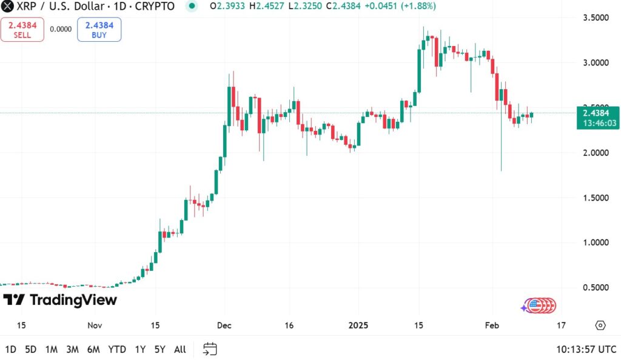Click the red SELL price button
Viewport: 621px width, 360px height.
22,29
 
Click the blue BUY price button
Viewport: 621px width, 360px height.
99,29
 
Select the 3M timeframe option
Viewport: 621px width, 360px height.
72,349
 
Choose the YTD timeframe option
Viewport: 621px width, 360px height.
116,349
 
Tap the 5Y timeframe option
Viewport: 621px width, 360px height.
159,349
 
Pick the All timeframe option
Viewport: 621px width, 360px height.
180,349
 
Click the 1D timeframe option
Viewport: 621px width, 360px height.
10,349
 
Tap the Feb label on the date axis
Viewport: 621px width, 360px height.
492,325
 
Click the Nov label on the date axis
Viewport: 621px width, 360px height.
95,325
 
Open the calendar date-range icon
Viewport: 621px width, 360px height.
210,349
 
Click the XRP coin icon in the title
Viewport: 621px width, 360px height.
8,7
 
